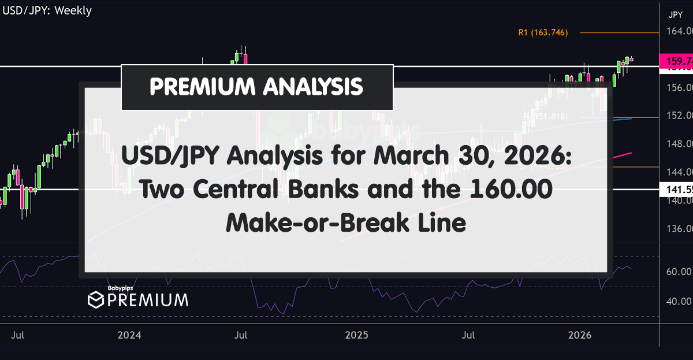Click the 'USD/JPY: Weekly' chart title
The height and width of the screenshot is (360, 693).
tap(47, 10)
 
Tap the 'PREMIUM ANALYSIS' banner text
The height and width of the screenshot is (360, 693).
tap(256, 87)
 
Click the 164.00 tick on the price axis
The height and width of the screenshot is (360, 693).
tap(679, 32)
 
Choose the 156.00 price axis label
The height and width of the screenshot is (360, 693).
tap(679, 88)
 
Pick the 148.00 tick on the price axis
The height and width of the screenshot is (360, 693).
tap(679, 144)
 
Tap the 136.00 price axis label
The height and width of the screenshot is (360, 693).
tap(679, 229)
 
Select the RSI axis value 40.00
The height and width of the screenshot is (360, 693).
tap(679, 301)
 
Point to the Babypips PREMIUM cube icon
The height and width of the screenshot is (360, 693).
tap(95, 300)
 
